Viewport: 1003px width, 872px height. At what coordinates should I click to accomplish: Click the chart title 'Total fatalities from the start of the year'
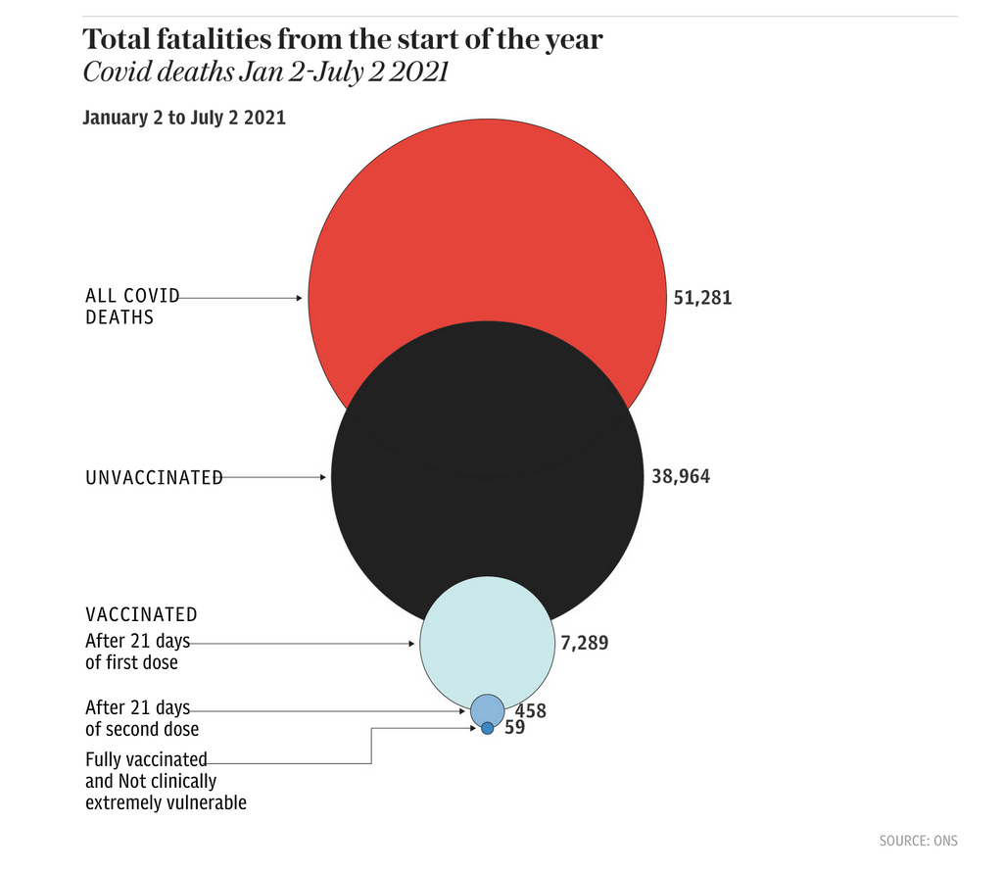click(342, 40)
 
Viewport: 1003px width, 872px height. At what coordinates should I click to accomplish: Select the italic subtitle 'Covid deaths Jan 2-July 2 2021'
click(264, 73)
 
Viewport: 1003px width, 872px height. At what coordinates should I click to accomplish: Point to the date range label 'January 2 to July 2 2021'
click(184, 119)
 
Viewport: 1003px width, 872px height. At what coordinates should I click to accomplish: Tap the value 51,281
click(702, 298)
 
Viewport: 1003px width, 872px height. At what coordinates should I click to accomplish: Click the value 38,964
click(681, 477)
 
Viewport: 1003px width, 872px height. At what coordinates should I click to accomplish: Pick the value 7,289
click(585, 644)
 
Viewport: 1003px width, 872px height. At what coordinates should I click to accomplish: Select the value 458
click(530, 711)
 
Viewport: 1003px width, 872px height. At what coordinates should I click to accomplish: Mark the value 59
click(515, 728)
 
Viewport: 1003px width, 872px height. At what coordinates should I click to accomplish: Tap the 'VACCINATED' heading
click(141, 615)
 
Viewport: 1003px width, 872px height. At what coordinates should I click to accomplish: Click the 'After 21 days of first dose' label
click(137, 653)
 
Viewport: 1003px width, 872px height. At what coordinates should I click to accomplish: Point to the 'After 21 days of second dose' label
click(141, 718)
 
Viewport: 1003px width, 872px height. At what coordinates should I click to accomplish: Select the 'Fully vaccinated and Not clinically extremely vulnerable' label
click(165, 781)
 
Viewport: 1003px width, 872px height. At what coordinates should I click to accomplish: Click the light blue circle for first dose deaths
click(487, 637)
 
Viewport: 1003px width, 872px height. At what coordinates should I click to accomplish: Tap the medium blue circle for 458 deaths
click(487, 707)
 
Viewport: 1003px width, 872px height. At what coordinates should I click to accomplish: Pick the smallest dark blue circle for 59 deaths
click(487, 728)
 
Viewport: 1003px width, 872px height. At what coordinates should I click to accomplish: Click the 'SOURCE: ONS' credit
click(918, 841)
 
